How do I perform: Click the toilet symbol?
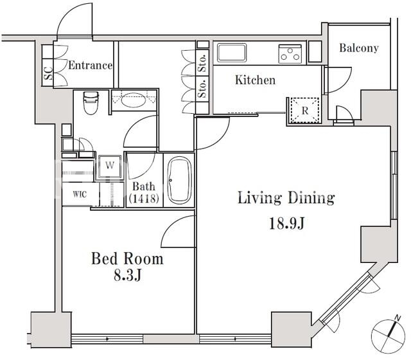coord(91,103)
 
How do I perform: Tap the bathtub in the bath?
coord(180,180)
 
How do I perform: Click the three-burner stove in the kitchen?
coord(290,54)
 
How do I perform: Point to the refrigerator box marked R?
coord(304,111)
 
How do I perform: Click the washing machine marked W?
coord(110,166)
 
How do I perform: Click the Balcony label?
coord(359,48)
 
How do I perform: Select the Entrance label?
coord(90,66)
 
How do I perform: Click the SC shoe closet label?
coord(48,73)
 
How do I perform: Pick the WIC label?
coord(80,194)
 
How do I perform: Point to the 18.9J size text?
coord(287,224)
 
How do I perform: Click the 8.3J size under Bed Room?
coord(128,275)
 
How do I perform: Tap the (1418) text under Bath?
coord(144,199)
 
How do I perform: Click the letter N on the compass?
coord(398,318)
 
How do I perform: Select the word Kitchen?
coord(256,80)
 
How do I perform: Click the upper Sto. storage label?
coord(202,63)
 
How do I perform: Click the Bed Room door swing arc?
coord(172,226)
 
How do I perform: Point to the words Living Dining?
coord(286,198)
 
